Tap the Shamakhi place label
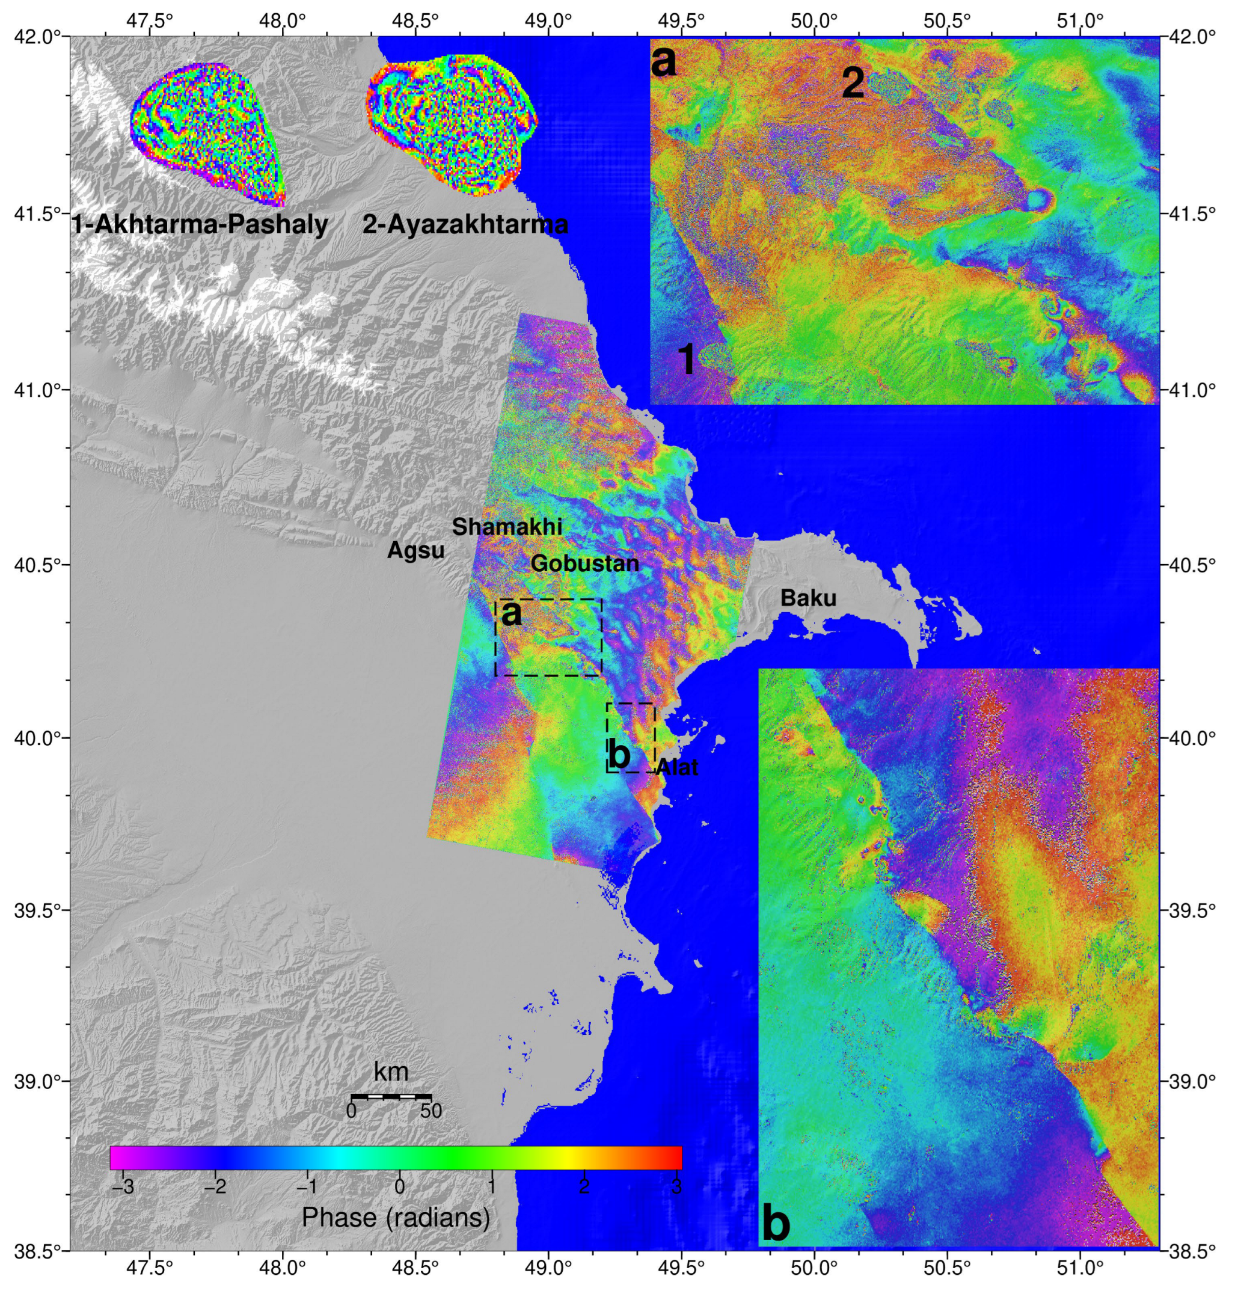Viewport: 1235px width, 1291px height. (507, 527)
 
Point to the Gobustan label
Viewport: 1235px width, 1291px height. (584, 563)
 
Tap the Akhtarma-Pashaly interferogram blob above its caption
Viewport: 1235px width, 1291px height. (207, 132)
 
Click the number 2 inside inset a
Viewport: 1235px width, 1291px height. (853, 84)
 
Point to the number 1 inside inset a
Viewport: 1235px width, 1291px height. (686, 360)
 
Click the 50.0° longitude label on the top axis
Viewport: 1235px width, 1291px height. (814, 21)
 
